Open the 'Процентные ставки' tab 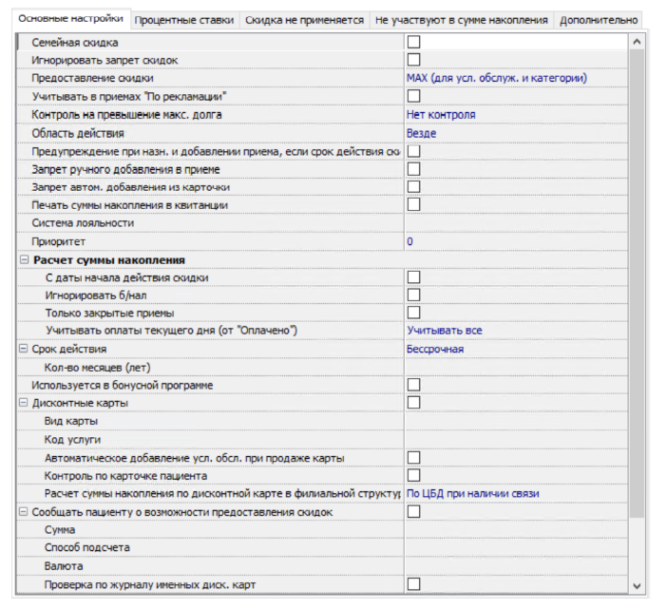click(x=185, y=19)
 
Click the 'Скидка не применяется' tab click(x=304, y=19)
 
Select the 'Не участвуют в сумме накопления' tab click(x=461, y=19)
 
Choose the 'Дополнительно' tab click(x=598, y=19)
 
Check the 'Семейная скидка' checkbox click(x=414, y=42)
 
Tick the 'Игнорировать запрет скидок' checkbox click(x=414, y=60)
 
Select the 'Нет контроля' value click(x=441, y=114)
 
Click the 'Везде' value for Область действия click(x=422, y=133)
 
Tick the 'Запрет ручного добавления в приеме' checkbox click(x=414, y=169)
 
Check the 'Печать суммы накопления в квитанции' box click(x=414, y=205)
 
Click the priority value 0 click(x=410, y=241)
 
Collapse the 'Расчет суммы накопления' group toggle click(x=24, y=259)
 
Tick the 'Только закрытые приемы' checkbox click(x=414, y=313)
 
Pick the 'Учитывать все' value click(x=445, y=331)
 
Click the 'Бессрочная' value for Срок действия click(x=435, y=349)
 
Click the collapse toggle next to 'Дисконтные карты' click(x=24, y=403)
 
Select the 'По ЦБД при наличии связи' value click(x=473, y=493)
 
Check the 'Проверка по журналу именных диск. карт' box click(x=414, y=584)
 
